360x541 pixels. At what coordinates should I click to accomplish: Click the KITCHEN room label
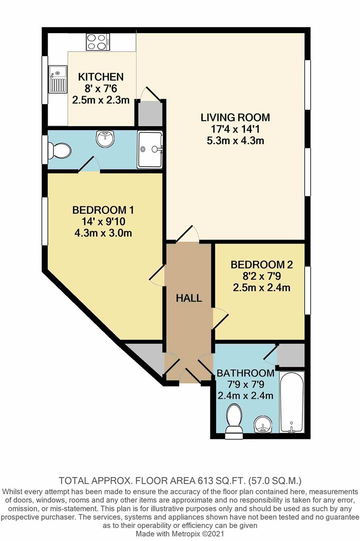101,77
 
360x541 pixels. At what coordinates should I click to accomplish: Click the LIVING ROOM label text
235,118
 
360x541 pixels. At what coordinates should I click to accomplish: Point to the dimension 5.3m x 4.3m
235,141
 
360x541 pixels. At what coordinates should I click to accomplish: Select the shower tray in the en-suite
150,149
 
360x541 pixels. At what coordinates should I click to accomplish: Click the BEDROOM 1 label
103,209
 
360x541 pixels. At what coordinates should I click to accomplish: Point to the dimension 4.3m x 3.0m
103,233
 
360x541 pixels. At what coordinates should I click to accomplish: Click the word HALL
189,299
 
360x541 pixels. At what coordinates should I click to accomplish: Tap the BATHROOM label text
245,373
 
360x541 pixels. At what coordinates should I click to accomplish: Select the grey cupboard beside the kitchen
150,113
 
